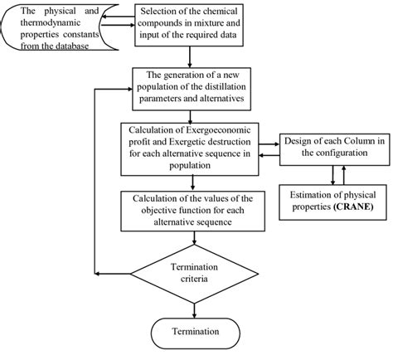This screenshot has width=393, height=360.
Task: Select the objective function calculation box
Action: (192, 211)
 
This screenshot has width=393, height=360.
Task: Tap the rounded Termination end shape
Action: (192, 332)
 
